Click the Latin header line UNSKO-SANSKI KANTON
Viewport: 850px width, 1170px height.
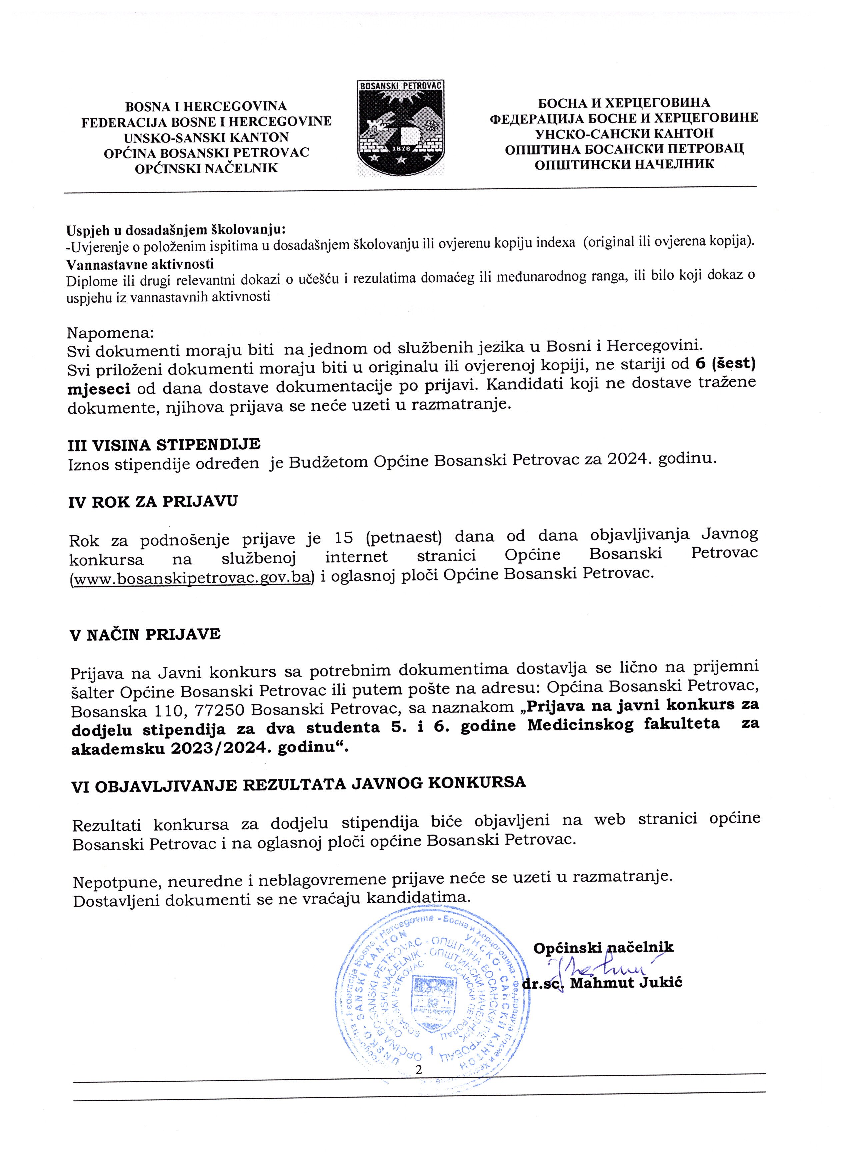click(206, 138)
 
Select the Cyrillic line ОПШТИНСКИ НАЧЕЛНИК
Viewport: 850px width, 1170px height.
click(624, 165)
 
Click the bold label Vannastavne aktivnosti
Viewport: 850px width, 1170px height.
click(140, 264)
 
